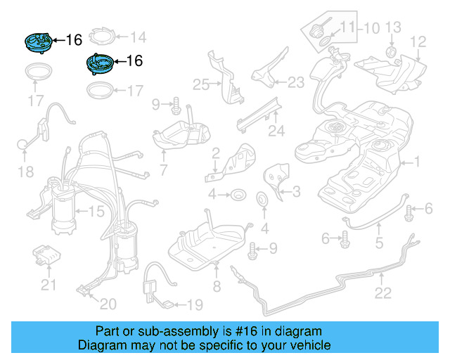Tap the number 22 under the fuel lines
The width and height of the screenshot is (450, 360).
(383, 294)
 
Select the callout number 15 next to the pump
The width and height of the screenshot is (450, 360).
(95, 210)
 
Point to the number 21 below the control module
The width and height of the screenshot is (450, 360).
(47, 285)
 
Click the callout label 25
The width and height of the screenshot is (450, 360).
(202, 85)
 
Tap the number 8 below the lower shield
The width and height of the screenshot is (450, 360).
(217, 286)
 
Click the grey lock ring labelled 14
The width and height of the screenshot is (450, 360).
(101, 37)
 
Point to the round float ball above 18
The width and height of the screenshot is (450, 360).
(24, 145)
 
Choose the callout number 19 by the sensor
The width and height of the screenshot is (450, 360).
(195, 304)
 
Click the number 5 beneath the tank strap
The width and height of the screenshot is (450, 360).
(378, 245)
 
